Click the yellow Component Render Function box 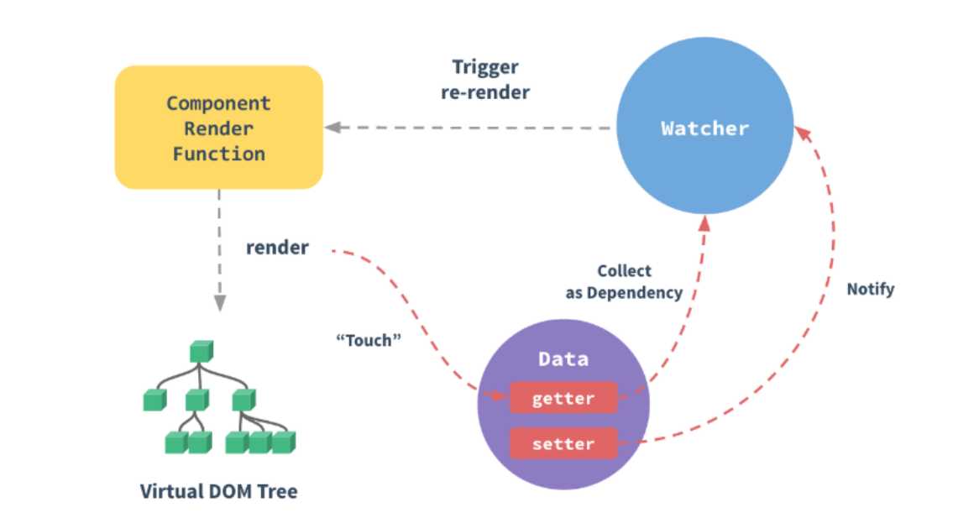[218, 128]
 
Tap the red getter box [563, 398]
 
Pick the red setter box [563, 442]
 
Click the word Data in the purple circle [563, 359]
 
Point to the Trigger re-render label [485, 80]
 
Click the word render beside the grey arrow [277, 248]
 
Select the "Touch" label [363, 342]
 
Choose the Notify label [870, 289]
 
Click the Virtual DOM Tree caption [218, 491]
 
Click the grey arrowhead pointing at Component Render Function [332, 128]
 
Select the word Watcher [705, 128]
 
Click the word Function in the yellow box [219, 154]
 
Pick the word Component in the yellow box [219, 103]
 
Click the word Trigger [485, 67]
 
